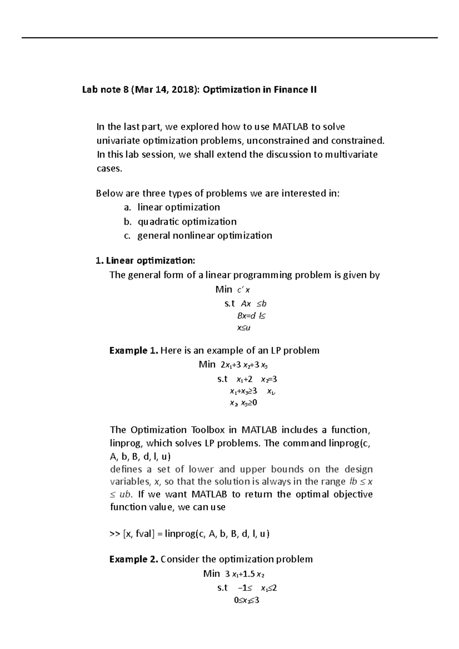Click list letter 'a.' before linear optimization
(x=127, y=208)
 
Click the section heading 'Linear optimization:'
(x=150, y=261)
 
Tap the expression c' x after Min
(x=244, y=290)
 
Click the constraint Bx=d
(x=246, y=316)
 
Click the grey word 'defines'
(x=126, y=469)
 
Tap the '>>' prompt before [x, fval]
(x=114, y=534)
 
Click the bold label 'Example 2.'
(x=133, y=560)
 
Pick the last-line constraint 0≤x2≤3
(x=247, y=600)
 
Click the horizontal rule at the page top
(x=229, y=37)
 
